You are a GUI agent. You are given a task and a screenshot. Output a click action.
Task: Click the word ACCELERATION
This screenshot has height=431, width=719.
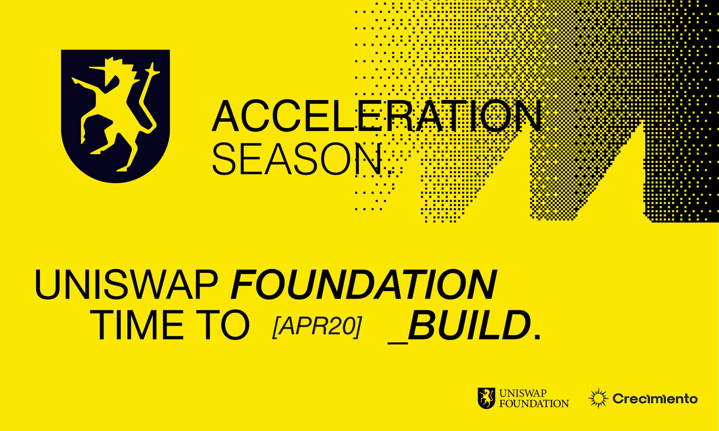pyautogui.click(x=377, y=116)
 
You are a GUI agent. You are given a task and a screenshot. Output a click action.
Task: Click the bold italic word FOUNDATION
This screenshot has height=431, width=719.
pyautogui.click(x=363, y=284)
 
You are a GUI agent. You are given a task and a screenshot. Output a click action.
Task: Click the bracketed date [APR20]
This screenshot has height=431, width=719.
pyautogui.click(x=317, y=327)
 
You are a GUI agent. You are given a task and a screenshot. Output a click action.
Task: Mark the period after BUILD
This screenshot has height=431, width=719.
pyautogui.click(x=536, y=336)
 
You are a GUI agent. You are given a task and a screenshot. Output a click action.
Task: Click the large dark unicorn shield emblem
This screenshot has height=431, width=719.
pyautogui.click(x=116, y=116)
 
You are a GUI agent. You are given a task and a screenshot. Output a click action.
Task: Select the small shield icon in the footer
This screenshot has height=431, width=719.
pyautogui.click(x=487, y=398)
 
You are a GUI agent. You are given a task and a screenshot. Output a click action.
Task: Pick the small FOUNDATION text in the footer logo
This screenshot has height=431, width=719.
pyautogui.click(x=534, y=403)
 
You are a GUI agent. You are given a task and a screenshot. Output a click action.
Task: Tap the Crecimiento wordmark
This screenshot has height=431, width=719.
pyautogui.click(x=655, y=399)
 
